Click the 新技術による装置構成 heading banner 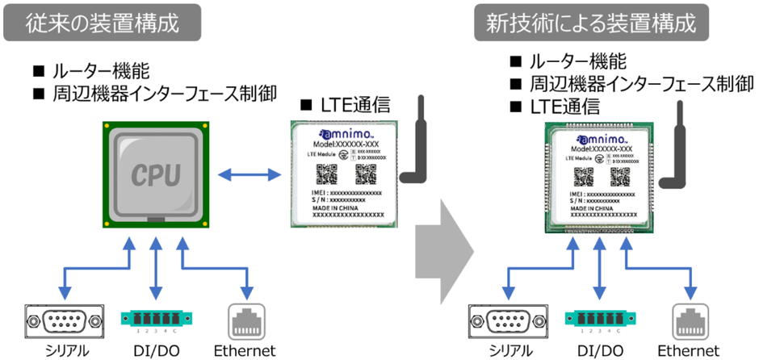tap(590, 22)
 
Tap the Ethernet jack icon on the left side tap(246, 320)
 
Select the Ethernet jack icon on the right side tap(691, 320)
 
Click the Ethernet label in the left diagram tap(245, 350)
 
